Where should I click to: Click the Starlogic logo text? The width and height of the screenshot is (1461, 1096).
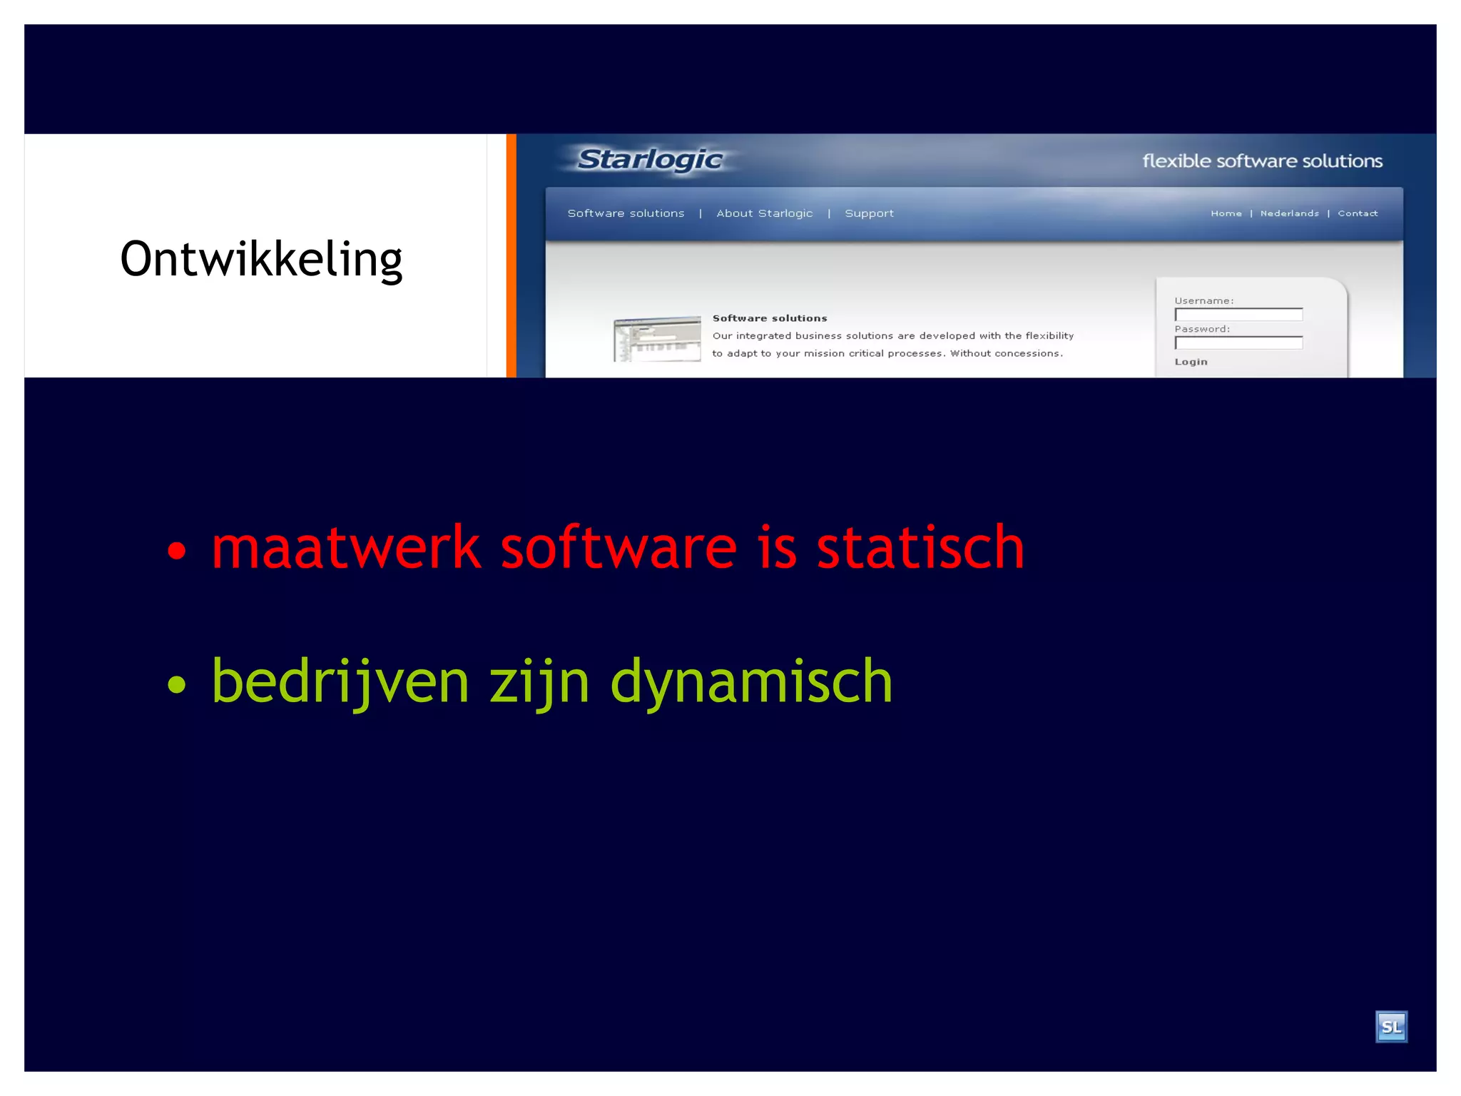649,160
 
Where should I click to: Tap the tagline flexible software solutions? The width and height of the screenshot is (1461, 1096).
1261,161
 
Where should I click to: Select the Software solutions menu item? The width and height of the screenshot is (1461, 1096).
626,213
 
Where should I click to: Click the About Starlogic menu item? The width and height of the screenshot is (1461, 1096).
764,213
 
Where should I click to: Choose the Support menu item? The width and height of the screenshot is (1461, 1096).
869,213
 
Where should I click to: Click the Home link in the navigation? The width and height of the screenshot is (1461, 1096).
1226,213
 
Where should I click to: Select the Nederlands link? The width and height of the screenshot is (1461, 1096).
1289,213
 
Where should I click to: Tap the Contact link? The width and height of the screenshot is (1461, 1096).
1357,213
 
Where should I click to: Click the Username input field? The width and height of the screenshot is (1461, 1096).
1238,315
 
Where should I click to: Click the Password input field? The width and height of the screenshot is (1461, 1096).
1238,343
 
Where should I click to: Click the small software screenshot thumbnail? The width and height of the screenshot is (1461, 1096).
657,339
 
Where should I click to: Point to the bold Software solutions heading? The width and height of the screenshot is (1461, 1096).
769,318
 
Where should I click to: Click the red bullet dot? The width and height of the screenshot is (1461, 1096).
176,550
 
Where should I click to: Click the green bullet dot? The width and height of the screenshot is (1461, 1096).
176,684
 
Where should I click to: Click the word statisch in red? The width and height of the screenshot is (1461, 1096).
920,548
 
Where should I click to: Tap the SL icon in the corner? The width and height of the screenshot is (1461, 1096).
1390,1027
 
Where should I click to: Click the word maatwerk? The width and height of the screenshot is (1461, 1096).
346,548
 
